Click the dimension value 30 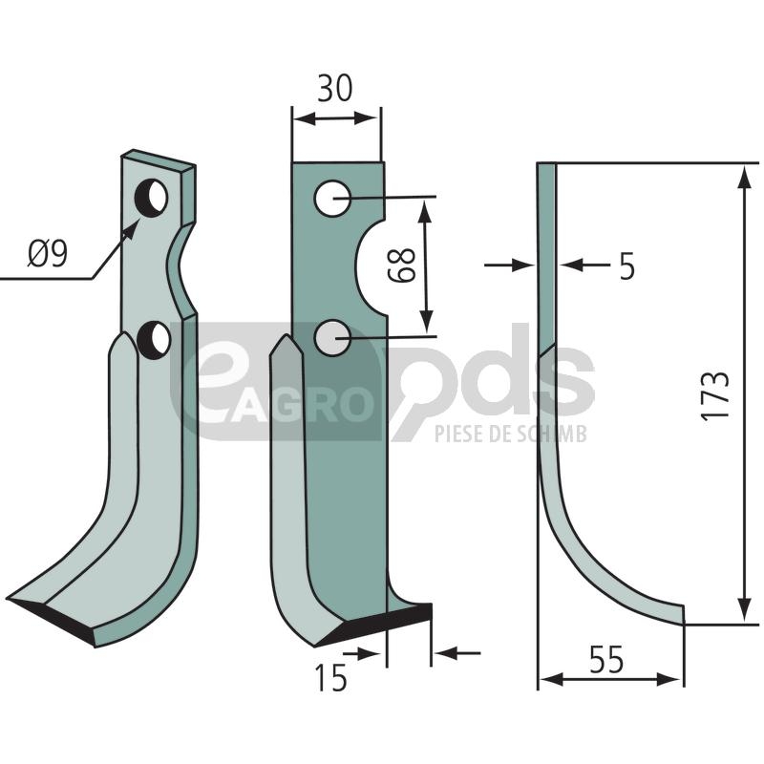coord(335,88)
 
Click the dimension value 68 coord(402,265)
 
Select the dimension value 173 coord(716,394)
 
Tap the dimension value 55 coord(606,659)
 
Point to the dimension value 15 coord(331,677)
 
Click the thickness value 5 coord(627,266)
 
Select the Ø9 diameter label coord(48,254)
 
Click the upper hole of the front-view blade coord(332,199)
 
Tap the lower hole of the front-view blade coord(332,337)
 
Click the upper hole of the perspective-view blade coord(152,197)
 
